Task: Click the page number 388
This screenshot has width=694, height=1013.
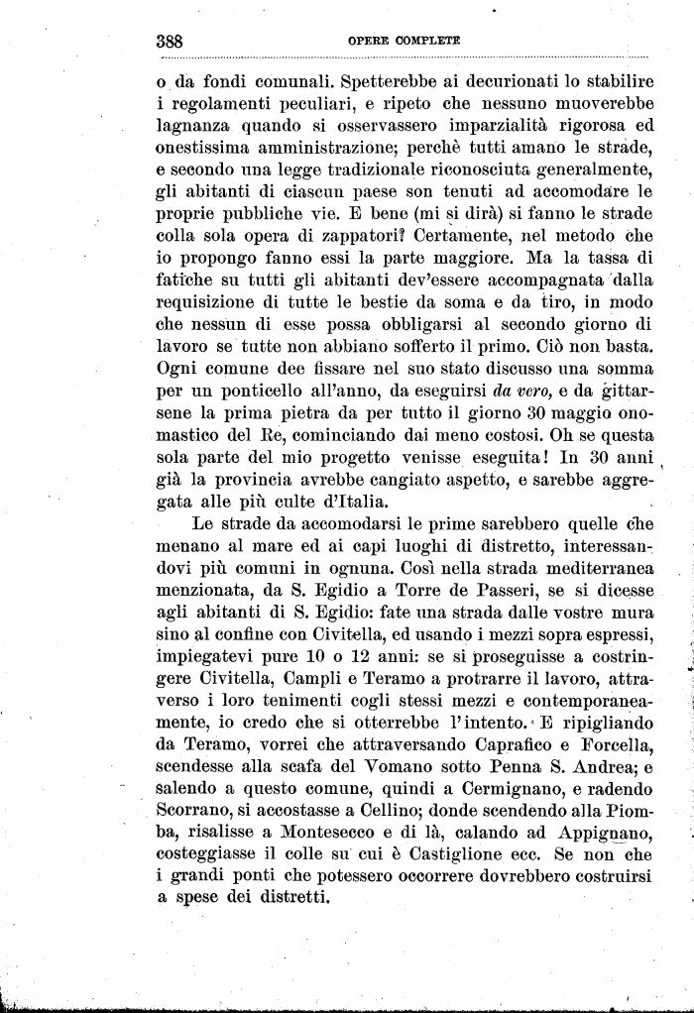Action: [x=173, y=42]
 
